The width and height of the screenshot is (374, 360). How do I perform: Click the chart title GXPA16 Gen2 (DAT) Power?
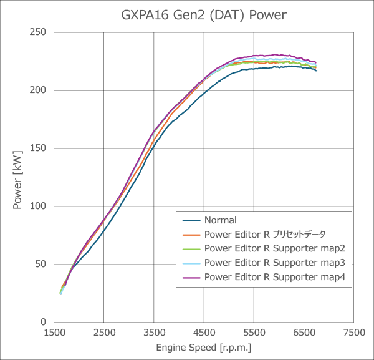click(x=203, y=14)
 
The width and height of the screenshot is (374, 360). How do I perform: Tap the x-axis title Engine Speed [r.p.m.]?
click(x=204, y=348)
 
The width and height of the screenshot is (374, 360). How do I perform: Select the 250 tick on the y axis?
click(x=39, y=32)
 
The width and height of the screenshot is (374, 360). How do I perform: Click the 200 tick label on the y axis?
click(x=39, y=90)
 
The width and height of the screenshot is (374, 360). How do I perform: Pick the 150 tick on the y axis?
click(x=39, y=148)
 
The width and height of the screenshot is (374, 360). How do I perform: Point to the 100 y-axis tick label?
click(x=39, y=207)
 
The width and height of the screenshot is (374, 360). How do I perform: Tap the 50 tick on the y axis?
click(x=42, y=265)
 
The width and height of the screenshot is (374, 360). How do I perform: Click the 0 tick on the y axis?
click(x=44, y=323)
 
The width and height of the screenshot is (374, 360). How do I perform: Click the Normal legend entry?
click(x=220, y=220)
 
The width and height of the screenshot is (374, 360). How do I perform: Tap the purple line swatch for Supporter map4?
click(x=191, y=277)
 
